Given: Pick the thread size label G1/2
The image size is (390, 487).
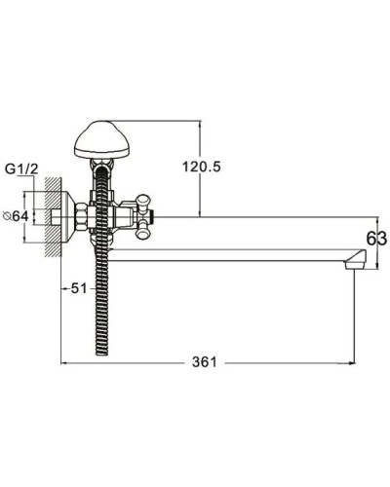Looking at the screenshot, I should pos(21,169).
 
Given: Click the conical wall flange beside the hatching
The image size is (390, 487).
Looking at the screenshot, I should pos(68,216).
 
